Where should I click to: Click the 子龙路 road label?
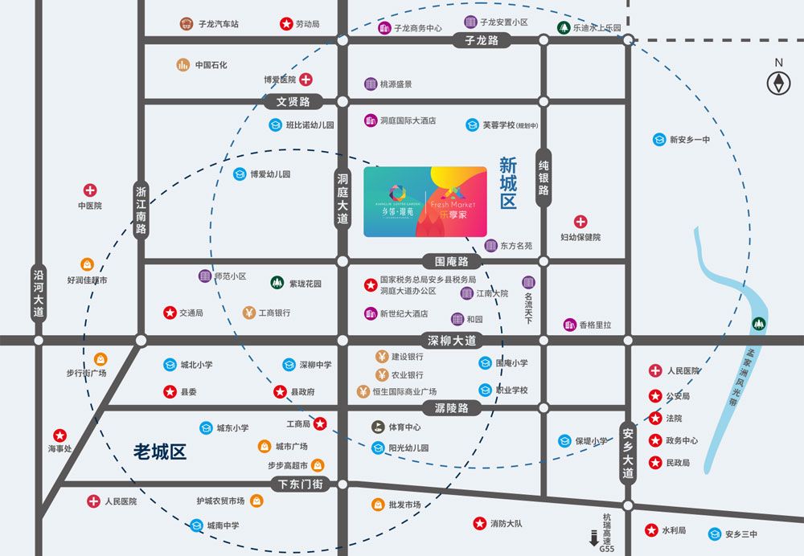pos(482,40)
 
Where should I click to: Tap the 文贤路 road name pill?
pos(293,102)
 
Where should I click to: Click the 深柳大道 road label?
pos(452,341)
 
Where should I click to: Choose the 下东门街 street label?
pos(301,484)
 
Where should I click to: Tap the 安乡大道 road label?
pos(627,452)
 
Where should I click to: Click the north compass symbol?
pos(777,83)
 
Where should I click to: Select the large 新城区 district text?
pos(507,184)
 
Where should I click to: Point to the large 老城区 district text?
pos(160,452)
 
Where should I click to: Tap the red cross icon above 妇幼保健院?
pos(580,222)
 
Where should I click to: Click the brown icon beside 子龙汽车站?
pos(187,24)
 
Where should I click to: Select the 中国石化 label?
pos(211,65)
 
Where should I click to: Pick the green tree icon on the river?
pos(757,323)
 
